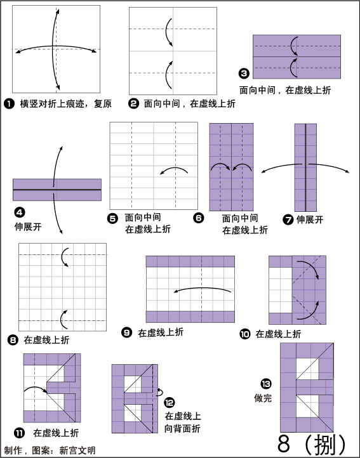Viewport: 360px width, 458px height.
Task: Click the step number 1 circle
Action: click(x=9, y=103)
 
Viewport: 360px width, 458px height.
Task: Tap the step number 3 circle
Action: click(x=244, y=73)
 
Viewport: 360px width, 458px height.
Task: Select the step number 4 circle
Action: click(x=19, y=213)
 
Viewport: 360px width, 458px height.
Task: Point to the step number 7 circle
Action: click(x=288, y=219)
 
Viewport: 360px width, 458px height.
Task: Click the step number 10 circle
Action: click(x=245, y=334)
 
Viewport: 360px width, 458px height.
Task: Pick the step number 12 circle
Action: click(x=170, y=403)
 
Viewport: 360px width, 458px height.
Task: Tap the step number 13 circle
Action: click(x=266, y=384)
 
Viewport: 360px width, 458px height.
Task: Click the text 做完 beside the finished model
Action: click(x=263, y=398)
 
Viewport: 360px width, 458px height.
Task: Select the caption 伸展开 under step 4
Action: click(x=28, y=226)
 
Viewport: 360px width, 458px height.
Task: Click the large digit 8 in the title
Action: click(x=283, y=444)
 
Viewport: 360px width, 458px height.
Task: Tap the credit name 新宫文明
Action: click(x=77, y=450)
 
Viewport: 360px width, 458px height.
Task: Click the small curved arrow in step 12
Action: click(x=161, y=392)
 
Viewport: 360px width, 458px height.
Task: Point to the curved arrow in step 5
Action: click(x=174, y=169)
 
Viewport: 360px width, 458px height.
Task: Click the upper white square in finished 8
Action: click(x=307, y=369)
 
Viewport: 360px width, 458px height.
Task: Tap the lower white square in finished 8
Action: click(x=307, y=406)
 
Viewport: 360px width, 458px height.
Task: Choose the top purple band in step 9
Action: click(x=190, y=262)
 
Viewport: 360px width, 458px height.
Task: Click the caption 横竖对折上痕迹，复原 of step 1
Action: click(x=66, y=103)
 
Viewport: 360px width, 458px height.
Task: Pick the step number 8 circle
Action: click(x=13, y=340)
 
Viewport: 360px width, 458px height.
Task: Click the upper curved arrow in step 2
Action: click(x=167, y=31)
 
